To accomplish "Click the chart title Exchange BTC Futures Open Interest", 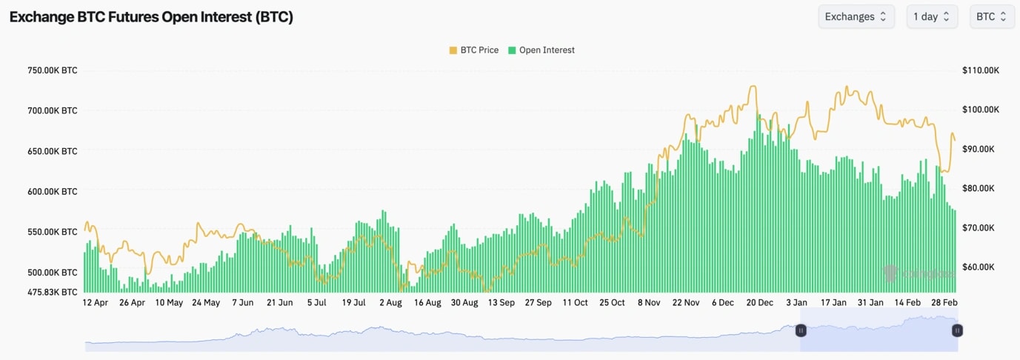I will pyautogui.click(x=151, y=17).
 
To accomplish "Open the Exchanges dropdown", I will pyautogui.click(x=856, y=16).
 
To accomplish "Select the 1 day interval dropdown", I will pyautogui.click(x=931, y=16).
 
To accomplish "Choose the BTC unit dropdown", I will pyautogui.click(x=991, y=16).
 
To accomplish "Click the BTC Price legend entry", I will pyautogui.click(x=473, y=50).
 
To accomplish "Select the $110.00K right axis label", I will pyautogui.click(x=981, y=70).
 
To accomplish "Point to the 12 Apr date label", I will pyautogui.click(x=95, y=302).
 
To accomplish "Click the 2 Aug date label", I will pyautogui.click(x=390, y=302).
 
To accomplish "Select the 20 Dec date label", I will pyautogui.click(x=760, y=302).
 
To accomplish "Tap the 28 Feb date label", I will pyautogui.click(x=944, y=302).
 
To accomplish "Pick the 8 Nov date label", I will pyautogui.click(x=648, y=302).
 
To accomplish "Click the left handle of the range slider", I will pyautogui.click(x=801, y=331).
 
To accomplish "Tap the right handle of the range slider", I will pyautogui.click(x=957, y=331).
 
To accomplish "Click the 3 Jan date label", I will pyautogui.click(x=797, y=302).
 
